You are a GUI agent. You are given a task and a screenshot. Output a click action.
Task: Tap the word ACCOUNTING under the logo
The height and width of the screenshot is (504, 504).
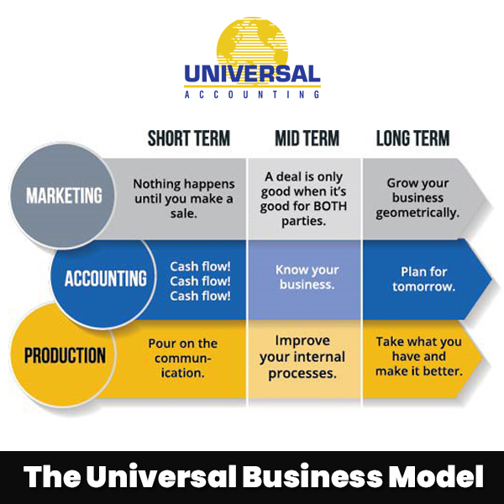tap(252, 95)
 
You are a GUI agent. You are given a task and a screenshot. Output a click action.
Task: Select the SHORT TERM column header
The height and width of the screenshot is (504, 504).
tap(188, 139)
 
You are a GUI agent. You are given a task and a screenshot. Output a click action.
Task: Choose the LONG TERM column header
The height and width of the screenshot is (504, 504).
tap(412, 139)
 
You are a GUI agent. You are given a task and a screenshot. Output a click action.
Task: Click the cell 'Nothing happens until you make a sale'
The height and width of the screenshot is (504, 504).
tap(183, 198)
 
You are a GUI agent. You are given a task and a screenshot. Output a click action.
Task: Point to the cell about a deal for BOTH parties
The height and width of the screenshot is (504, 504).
tap(305, 198)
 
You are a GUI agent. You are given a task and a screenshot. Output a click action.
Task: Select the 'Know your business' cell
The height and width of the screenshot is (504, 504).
tap(305, 277)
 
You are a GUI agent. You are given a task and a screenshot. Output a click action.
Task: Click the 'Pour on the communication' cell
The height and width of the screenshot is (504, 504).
tap(182, 357)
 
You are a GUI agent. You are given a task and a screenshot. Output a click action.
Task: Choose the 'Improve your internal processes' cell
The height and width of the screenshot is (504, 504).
tap(305, 357)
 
